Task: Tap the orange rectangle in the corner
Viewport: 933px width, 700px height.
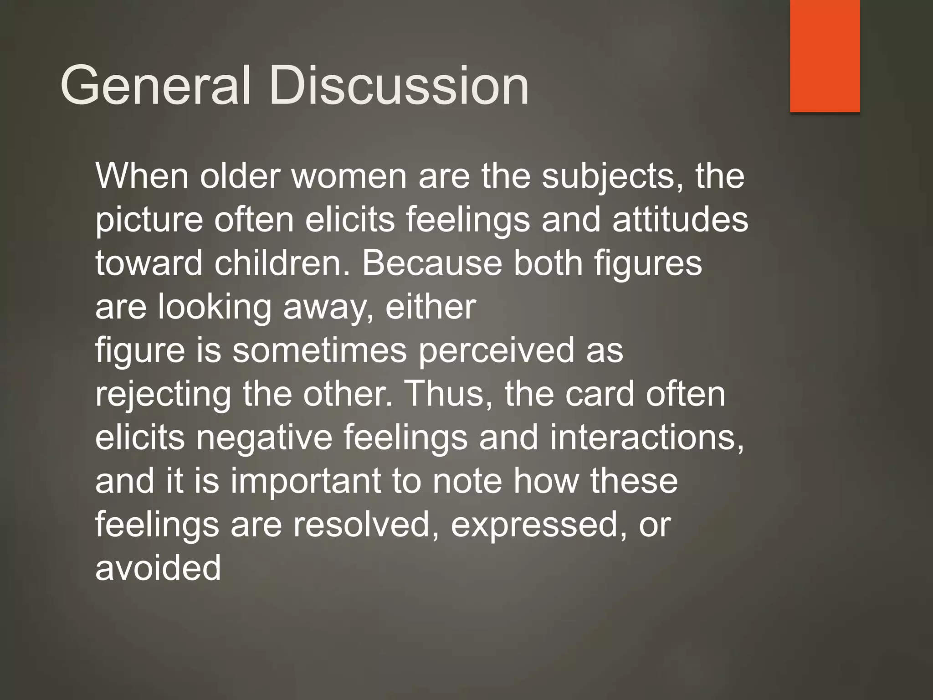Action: coord(825,56)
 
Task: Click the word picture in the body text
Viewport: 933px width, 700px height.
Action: coord(149,220)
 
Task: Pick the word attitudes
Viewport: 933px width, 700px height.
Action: coord(680,220)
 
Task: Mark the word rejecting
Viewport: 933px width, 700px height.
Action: coord(163,394)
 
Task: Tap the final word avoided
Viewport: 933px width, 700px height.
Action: coord(158,568)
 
